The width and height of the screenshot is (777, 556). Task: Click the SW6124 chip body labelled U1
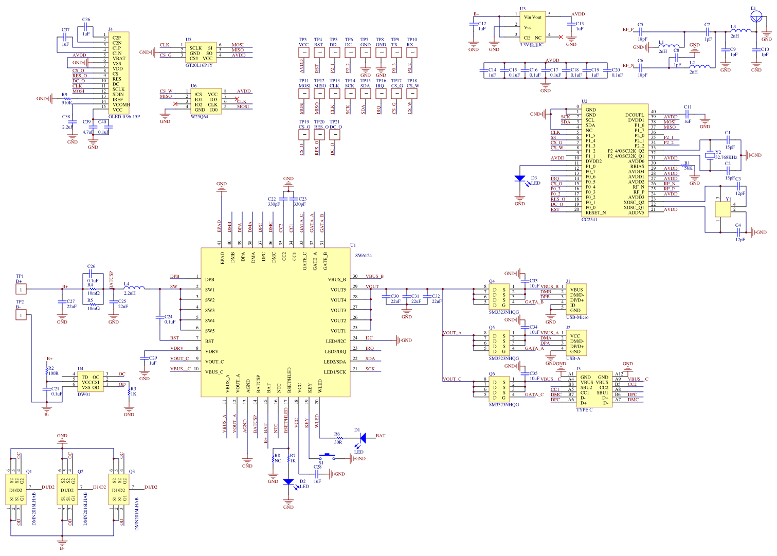point(275,322)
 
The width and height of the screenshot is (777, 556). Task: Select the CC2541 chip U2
point(615,160)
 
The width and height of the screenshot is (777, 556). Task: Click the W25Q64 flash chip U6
point(206,101)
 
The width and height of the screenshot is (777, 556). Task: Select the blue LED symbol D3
point(520,178)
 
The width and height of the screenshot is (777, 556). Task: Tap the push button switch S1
point(327,456)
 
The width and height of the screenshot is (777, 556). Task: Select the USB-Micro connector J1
point(576,299)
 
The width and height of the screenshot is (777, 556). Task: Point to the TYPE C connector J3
point(594,390)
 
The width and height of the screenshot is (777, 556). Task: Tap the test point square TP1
point(21,289)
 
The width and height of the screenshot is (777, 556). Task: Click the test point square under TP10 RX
point(411,52)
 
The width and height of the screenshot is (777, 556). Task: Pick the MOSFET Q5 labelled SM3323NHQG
point(499,343)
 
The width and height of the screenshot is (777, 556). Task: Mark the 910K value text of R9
point(67,103)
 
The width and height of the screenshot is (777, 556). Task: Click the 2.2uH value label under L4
point(130,293)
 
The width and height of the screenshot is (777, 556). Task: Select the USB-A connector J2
point(576,343)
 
